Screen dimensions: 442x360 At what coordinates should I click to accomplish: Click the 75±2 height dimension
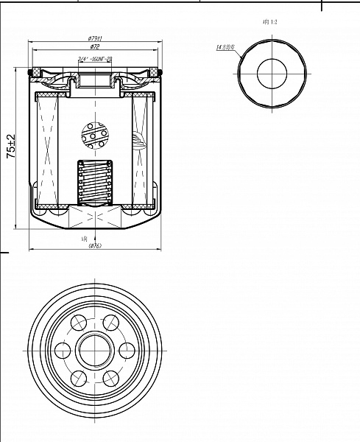click(x=11, y=147)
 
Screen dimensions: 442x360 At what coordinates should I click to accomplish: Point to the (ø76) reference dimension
click(x=93, y=246)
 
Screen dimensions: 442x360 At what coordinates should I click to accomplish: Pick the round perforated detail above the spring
click(x=94, y=136)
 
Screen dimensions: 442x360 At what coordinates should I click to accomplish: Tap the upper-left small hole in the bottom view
click(x=77, y=322)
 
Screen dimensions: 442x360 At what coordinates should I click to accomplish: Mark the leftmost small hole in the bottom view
click(x=61, y=350)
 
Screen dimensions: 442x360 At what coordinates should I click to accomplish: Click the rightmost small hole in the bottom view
click(x=126, y=350)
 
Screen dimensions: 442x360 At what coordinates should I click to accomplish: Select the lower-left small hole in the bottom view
click(x=77, y=378)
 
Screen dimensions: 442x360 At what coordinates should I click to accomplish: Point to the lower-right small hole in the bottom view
click(x=110, y=378)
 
